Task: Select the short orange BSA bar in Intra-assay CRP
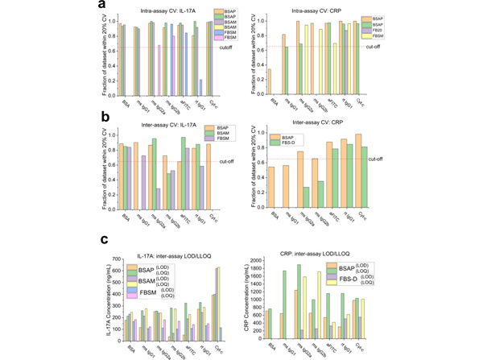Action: (269, 82)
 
